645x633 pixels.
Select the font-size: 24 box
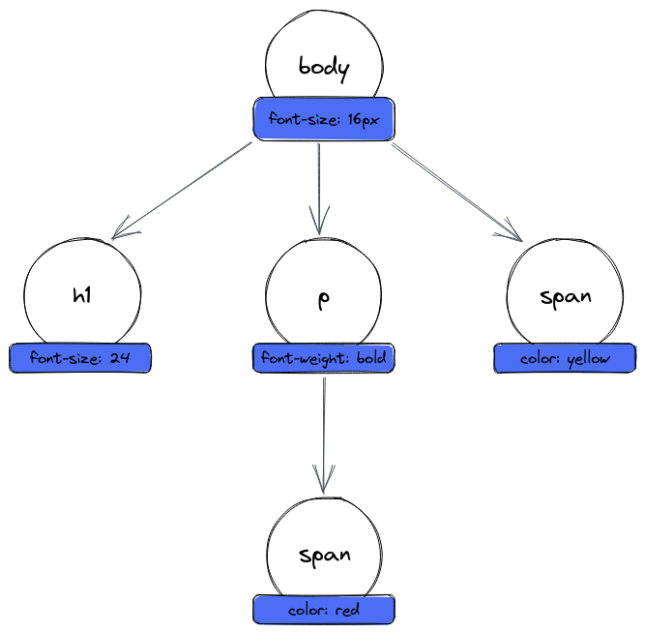pos(80,358)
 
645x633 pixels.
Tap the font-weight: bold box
pos(323,358)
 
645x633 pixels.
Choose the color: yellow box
pos(566,359)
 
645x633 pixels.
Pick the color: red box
pos(324,610)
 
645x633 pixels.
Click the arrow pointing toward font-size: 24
pos(184,190)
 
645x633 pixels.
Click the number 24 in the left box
pos(120,358)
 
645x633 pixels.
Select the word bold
pos(371,358)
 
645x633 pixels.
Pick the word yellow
pos(589,359)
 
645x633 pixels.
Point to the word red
pos(348,611)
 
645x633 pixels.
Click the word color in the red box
pos(308,611)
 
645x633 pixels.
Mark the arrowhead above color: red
pos(324,481)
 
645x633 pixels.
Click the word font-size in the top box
pos(303,119)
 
